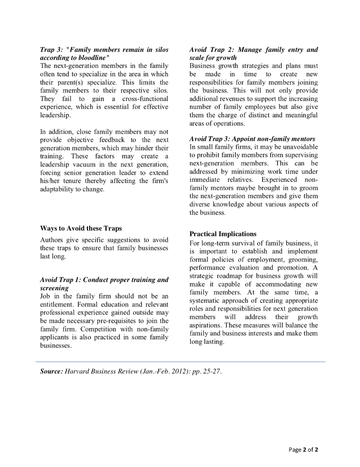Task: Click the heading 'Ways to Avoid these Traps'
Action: pos(81,228)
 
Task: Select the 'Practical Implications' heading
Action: pos(223,234)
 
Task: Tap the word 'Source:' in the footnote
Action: pos(51,371)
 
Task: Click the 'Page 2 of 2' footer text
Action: pos(303,450)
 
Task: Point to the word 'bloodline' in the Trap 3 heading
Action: pos(88,58)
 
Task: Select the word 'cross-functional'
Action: pos(144,99)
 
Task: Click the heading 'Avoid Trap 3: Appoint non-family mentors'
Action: pos(252,139)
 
